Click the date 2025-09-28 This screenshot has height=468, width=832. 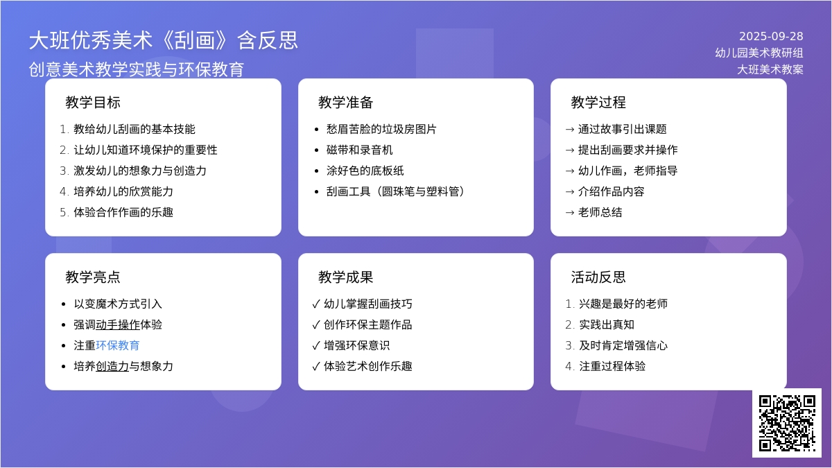coord(771,36)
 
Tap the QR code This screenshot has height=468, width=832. coord(787,423)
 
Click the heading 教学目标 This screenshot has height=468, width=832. coord(93,102)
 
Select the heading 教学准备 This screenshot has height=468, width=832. coord(345,102)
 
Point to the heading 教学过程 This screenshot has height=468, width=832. coord(598,102)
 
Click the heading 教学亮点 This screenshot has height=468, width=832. coord(93,277)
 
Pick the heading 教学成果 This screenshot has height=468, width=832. coord(345,277)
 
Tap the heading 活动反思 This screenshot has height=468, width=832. coord(598,277)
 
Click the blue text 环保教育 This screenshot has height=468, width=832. coord(118,345)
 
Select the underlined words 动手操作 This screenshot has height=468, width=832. coord(118,324)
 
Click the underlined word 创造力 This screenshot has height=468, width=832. coord(112,366)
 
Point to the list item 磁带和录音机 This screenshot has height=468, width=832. coord(359,150)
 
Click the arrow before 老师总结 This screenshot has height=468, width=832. coord(570,213)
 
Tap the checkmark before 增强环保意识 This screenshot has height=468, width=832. coord(316,346)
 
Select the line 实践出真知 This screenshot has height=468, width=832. coord(607,324)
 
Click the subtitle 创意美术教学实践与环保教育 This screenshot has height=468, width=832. coord(137,69)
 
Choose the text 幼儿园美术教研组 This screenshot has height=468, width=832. coord(759,53)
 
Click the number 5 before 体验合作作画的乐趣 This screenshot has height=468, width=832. coord(63,212)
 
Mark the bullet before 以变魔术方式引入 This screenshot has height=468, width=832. coord(64,304)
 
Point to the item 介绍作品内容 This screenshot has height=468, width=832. coord(611,191)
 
